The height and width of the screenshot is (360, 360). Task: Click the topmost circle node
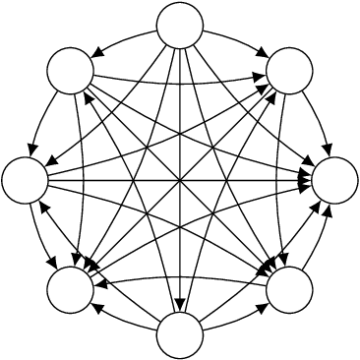180,26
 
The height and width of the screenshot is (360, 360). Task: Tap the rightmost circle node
334,180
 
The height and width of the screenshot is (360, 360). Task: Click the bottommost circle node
180,334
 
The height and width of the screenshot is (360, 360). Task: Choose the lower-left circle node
71,289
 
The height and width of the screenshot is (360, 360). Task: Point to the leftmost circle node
26,180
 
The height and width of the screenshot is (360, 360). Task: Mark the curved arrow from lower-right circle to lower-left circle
180,278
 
